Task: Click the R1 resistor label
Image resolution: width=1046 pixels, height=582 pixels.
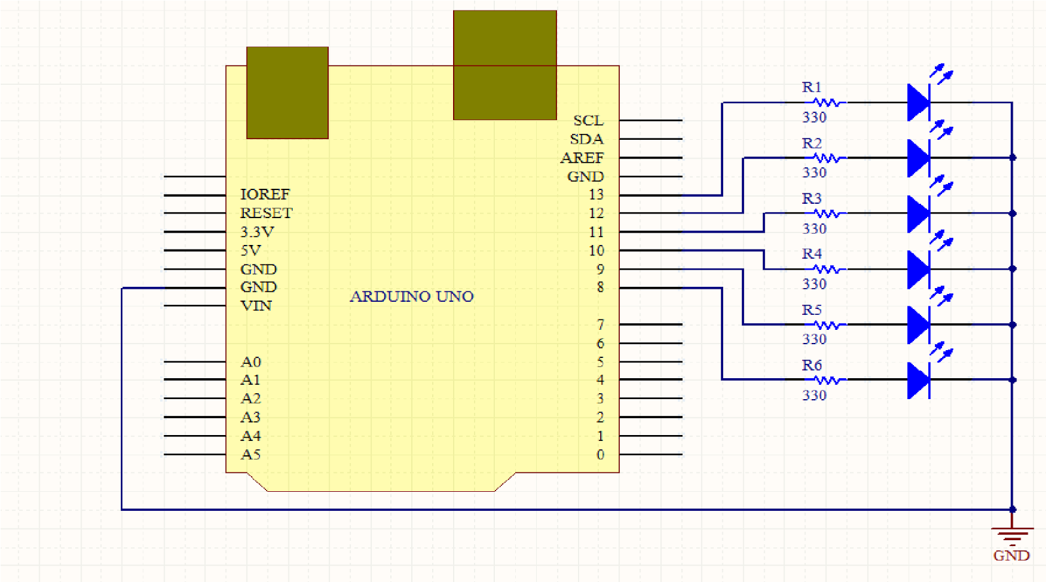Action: click(811, 87)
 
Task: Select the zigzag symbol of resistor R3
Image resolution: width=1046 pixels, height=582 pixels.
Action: click(828, 214)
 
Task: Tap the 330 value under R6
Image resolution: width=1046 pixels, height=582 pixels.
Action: click(815, 395)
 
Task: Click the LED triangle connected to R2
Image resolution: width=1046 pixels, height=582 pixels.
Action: click(918, 157)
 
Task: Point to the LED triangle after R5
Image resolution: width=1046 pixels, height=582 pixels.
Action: click(918, 325)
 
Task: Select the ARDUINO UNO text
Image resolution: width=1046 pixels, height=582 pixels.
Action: click(411, 297)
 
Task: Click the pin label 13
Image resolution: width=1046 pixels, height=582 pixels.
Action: click(596, 195)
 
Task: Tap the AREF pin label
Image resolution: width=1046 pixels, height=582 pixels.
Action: click(582, 158)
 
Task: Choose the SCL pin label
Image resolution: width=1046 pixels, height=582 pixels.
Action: click(588, 121)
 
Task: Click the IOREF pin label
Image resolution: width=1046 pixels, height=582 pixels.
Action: click(265, 195)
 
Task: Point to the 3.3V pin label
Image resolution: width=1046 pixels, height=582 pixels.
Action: click(257, 232)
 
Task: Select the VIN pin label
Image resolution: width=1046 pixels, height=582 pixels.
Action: click(256, 306)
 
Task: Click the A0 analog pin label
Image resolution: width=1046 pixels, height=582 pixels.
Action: click(250, 362)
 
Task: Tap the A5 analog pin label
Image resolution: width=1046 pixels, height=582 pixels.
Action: click(250, 455)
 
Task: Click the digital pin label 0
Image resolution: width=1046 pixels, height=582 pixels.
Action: click(600, 455)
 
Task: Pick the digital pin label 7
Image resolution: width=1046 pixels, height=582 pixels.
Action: click(600, 325)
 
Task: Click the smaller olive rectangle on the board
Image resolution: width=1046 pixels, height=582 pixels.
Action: click(287, 93)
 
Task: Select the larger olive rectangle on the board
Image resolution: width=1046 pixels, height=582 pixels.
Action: click(505, 65)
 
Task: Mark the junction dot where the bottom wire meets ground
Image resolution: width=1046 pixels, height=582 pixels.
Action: click(1012, 509)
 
